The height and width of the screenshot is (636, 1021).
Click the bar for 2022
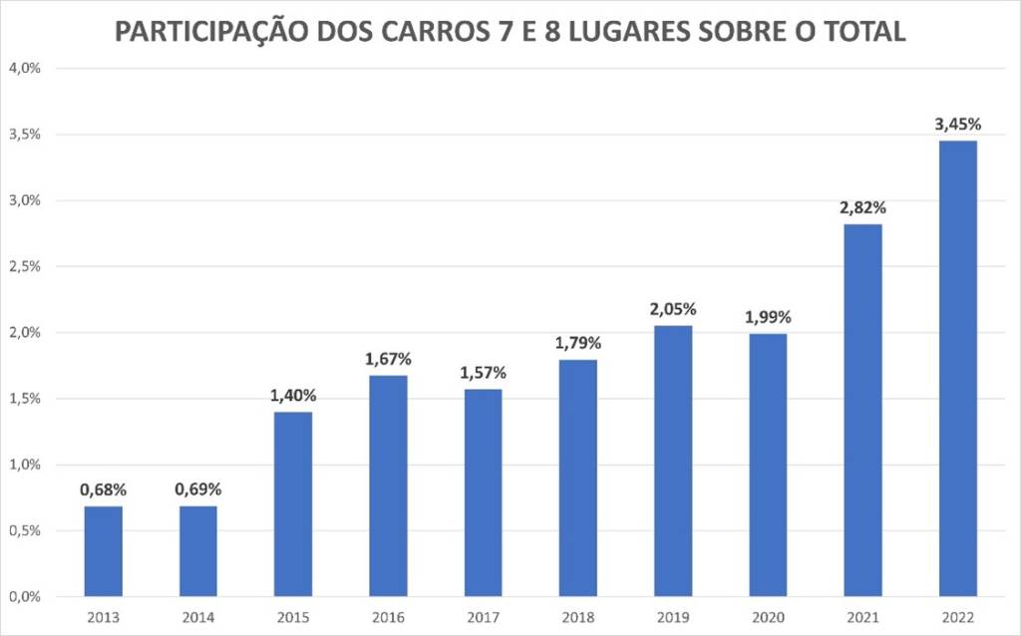pos(957,369)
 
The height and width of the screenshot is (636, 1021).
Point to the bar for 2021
pos(862,410)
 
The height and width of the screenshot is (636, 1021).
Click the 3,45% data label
pos(957,125)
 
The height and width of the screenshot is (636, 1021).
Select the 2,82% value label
pos(862,207)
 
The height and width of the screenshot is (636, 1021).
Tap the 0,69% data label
pos(197,489)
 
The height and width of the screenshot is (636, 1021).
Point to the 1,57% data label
pos(483,373)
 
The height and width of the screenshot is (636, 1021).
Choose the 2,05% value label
pos(672,309)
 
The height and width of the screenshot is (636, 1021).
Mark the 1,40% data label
pos(293,395)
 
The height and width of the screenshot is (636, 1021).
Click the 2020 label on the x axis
pos(768,617)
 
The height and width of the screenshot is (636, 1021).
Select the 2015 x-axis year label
pos(293,617)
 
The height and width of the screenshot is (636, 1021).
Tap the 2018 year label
pos(577,617)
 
